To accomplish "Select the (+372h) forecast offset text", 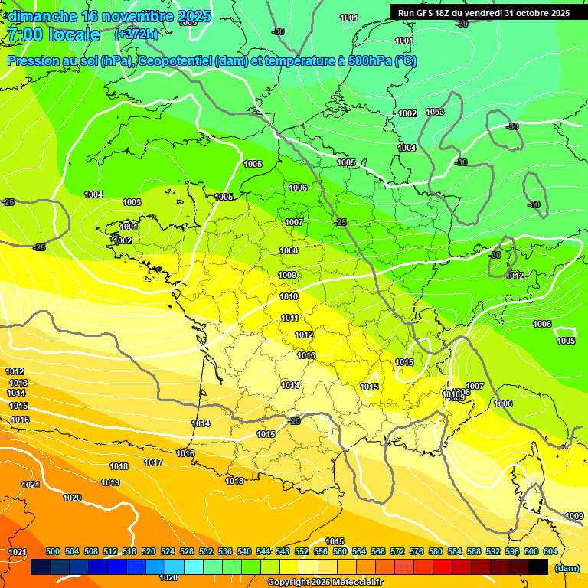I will [136, 34].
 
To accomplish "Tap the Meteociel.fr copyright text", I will [325, 583].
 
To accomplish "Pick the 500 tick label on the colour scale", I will [53, 552].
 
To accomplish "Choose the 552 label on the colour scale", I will [302, 552].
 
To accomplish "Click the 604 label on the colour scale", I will [550, 552].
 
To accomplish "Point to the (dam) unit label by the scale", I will [566, 567].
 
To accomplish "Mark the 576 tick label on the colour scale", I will [416, 552].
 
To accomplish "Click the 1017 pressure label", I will [153, 463].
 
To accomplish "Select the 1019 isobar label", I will [110, 483].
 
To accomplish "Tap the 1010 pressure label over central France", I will [289, 297].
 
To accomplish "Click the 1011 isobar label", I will [290, 318].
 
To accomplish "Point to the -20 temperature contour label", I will [294, 421].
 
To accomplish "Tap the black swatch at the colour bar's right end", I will [538, 567].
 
